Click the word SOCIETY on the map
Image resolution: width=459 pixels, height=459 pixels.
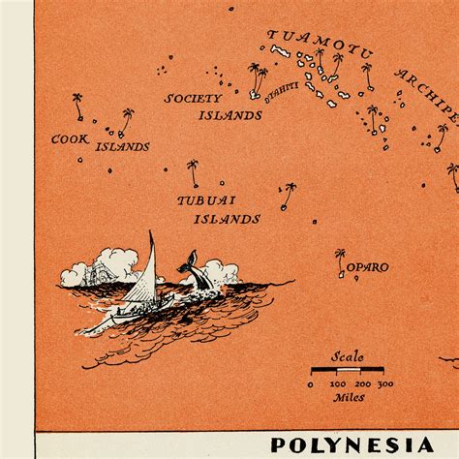click(x=193, y=99)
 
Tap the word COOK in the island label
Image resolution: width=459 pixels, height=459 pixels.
click(x=71, y=139)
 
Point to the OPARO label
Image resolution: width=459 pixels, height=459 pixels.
click(x=369, y=267)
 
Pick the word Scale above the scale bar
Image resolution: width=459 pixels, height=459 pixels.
click(x=348, y=356)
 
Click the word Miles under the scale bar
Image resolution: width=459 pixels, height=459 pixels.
click(x=349, y=397)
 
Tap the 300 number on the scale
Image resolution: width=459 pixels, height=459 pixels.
click(x=384, y=384)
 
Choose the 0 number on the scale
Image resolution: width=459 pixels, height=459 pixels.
click(x=311, y=384)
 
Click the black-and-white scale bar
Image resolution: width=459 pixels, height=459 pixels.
click(x=348, y=370)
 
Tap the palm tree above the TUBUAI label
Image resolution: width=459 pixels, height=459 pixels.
click(x=193, y=172)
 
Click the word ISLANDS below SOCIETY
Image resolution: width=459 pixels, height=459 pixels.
click(x=230, y=115)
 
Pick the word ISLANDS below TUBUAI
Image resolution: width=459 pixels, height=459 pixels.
click(x=227, y=219)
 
